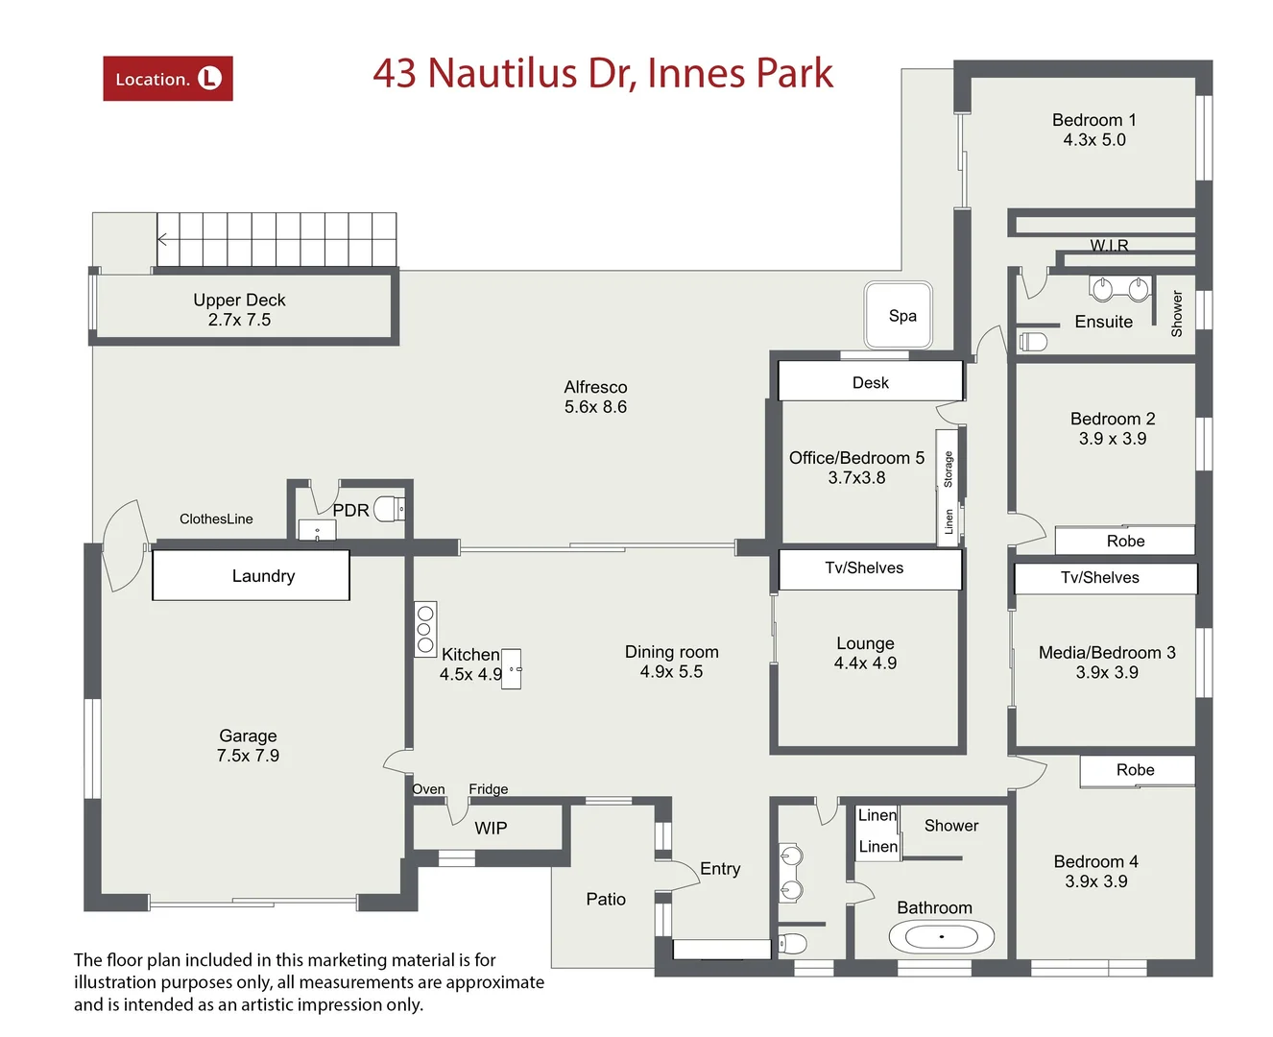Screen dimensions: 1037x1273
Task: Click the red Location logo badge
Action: pos(168,79)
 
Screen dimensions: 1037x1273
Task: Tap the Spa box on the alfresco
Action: pos(899,315)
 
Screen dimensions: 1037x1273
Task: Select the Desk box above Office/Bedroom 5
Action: pos(870,381)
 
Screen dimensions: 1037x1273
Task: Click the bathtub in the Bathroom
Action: pos(941,935)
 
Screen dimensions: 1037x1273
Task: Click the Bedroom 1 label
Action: pos(1093,120)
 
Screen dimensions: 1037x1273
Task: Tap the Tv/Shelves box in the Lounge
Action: pos(869,568)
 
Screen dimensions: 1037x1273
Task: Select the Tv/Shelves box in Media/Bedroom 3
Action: pos(1105,578)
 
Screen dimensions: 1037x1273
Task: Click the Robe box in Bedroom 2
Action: pos(1124,541)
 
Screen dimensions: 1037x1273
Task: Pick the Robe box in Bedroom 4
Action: pos(1137,770)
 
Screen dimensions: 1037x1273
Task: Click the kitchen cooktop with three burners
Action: pos(425,629)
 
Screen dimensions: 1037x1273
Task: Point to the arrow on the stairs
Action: pos(163,239)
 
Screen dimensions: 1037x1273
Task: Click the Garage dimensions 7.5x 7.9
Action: pos(248,756)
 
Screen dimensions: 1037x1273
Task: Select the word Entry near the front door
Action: pos(720,868)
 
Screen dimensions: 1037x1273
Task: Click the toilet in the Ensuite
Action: pos(1033,341)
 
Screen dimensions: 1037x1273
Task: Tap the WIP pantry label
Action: pos(491,828)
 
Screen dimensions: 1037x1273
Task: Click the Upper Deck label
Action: pos(239,300)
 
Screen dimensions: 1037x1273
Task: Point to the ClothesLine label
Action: pos(216,518)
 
